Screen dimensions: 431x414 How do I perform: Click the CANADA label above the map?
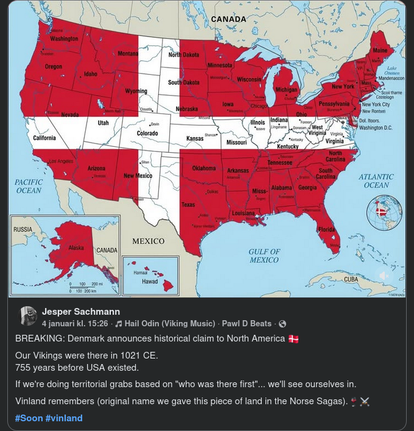[228, 19]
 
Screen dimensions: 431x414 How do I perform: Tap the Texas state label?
[188, 205]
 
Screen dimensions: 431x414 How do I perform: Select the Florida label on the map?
[326, 230]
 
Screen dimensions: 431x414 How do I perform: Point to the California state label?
[44, 138]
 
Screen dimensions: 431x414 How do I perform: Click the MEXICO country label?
[149, 241]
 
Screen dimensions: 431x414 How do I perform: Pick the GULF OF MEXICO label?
[264, 256]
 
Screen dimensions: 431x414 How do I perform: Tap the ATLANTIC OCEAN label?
[376, 181]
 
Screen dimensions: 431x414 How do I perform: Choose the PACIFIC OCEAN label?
[29, 186]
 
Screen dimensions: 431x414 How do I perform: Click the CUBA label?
[351, 279]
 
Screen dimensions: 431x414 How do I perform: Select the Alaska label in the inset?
[76, 248]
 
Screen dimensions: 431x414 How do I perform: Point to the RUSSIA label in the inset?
[23, 230]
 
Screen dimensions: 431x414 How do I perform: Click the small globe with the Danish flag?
[384, 212]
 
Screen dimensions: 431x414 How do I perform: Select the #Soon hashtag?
[29, 418]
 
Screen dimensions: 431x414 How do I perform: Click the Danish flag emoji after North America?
[293, 338]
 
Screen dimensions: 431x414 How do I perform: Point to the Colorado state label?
[147, 133]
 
